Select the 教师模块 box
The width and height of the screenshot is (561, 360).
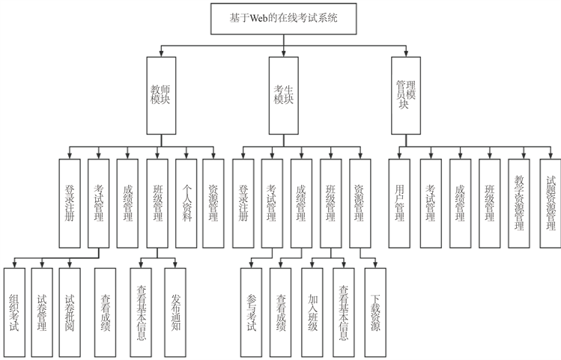click(x=161, y=95)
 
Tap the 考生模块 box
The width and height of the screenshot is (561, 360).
click(x=283, y=95)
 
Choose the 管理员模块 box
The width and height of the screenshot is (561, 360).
click(x=406, y=95)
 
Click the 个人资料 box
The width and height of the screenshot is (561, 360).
click(x=187, y=194)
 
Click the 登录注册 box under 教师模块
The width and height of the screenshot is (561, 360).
click(x=69, y=194)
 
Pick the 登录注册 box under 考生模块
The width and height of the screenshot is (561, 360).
click(x=243, y=194)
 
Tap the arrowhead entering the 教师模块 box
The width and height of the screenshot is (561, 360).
click(x=161, y=54)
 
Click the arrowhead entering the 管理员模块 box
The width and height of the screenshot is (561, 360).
click(x=406, y=54)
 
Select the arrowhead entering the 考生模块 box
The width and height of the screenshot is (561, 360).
click(x=283, y=54)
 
